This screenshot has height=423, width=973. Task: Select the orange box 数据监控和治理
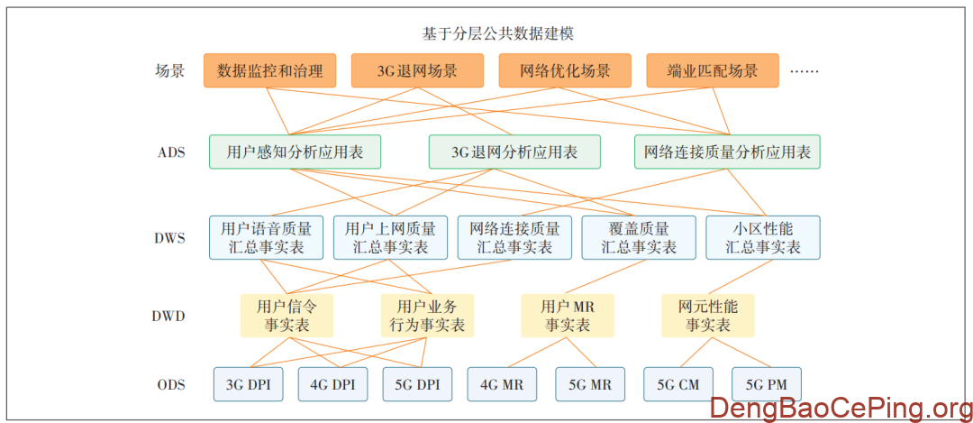pyautogui.click(x=270, y=70)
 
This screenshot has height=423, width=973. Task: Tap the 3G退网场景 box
pyautogui.click(x=417, y=70)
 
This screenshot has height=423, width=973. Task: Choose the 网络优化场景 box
pyautogui.click(x=565, y=70)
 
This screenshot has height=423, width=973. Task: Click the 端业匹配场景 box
pyautogui.click(x=713, y=70)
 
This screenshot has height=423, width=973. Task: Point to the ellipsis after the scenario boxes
pyautogui.click(x=804, y=70)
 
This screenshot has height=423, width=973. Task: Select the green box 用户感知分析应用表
pyautogui.click(x=295, y=152)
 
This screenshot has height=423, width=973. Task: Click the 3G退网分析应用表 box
pyautogui.click(x=514, y=152)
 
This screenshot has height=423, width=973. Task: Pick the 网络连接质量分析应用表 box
pyautogui.click(x=727, y=152)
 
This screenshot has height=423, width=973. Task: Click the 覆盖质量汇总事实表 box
pyautogui.click(x=639, y=237)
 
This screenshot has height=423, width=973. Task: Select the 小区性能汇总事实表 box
pyautogui.click(x=763, y=237)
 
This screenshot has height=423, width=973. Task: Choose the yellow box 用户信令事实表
pyautogui.click(x=286, y=316)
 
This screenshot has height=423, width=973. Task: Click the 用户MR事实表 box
pyautogui.click(x=568, y=316)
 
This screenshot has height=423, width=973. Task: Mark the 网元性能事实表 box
pyautogui.click(x=708, y=316)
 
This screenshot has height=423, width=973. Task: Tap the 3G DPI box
pyautogui.click(x=248, y=384)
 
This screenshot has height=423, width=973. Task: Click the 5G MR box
pyautogui.click(x=590, y=384)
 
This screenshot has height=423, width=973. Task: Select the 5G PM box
pyautogui.click(x=766, y=384)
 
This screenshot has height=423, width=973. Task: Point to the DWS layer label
pyautogui.click(x=170, y=238)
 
